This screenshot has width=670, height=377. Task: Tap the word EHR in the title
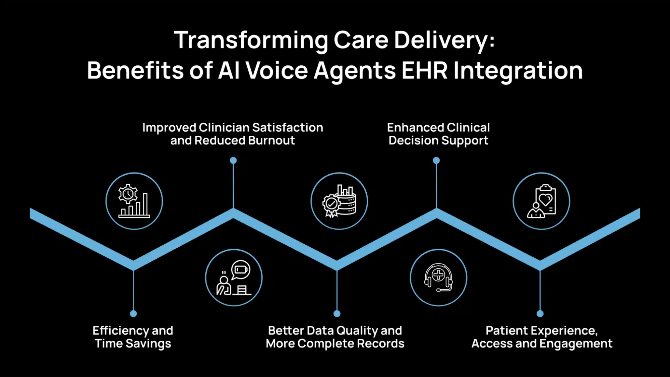pos(424,70)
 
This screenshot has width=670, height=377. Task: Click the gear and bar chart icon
pos(134,201)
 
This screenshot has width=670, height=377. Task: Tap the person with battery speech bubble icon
pos(234,278)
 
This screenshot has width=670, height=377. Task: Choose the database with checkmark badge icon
pos(339,201)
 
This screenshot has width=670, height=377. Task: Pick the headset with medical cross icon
pos(438,277)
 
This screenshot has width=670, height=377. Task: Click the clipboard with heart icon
pos(541,201)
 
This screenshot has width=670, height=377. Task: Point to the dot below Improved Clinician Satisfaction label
pos(233,161)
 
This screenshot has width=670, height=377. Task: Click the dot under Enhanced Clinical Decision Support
pos(436,161)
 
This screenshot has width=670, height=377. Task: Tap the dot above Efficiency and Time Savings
pos(133,314)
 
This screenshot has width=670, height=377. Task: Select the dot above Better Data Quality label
pos(337,314)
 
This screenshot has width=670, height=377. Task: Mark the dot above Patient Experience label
pos(540,314)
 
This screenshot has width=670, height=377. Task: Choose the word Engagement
pos(576,344)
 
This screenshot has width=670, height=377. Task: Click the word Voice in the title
pos(277,70)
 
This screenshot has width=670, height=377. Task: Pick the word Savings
pos(148,344)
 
